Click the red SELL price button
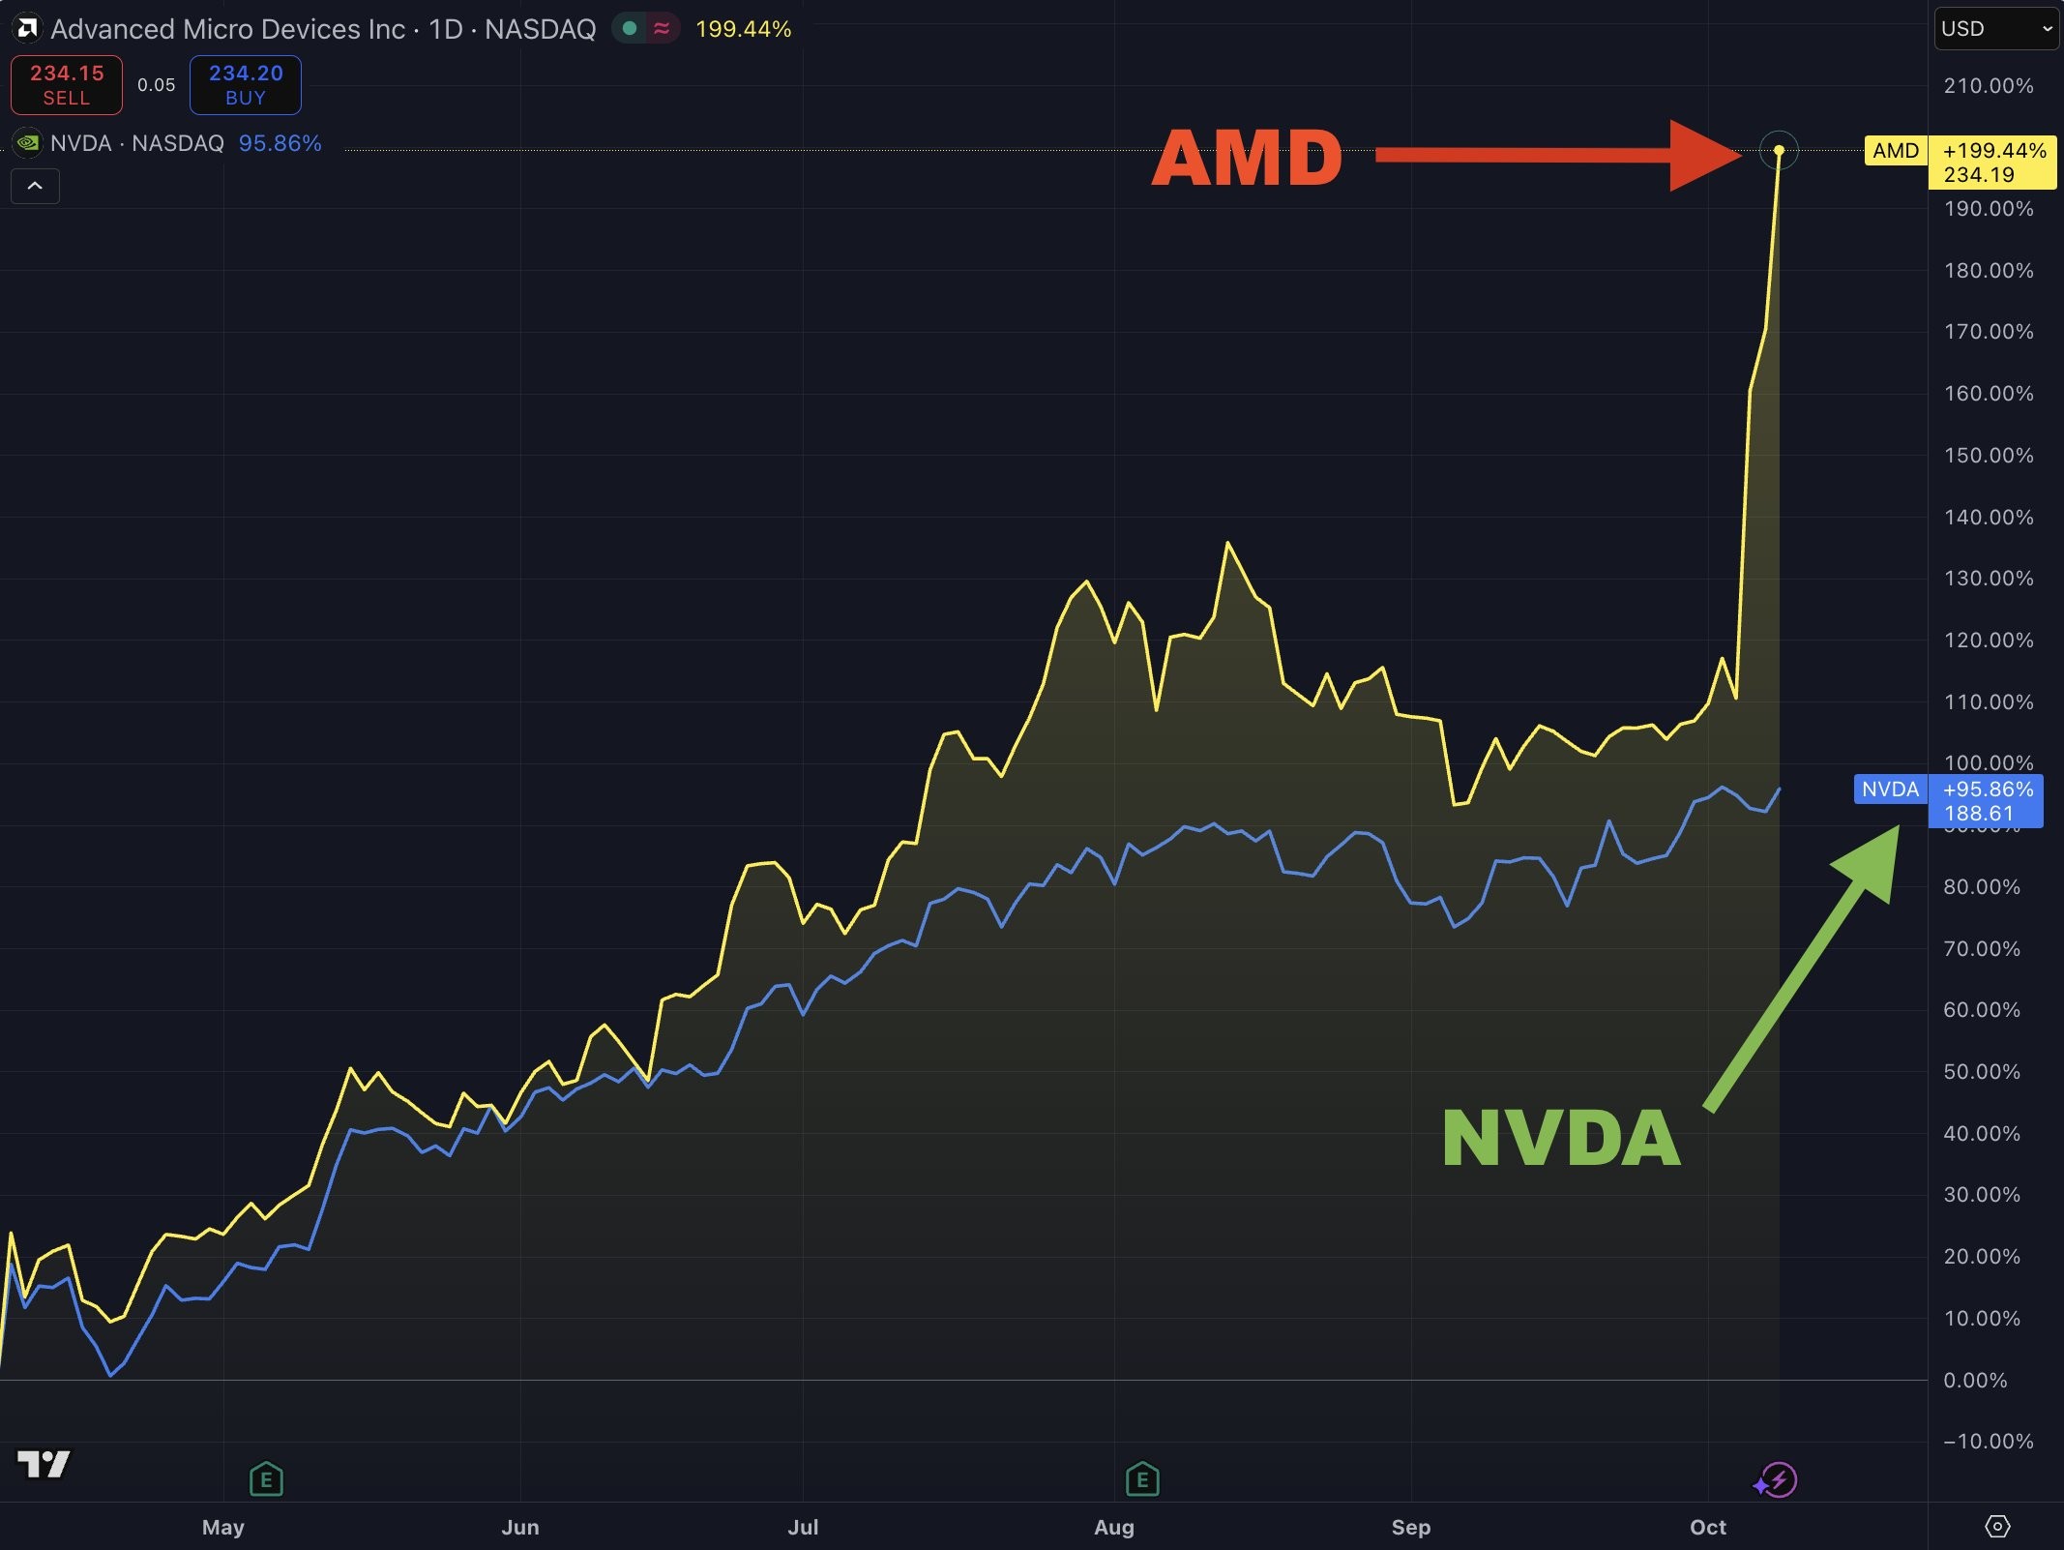pyautogui.click(x=67, y=85)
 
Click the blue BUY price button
pyautogui.click(x=246, y=85)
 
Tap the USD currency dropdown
pyautogui.click(x=1996, y=29)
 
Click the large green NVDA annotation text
pyautogui.click(x=1561, y=1138)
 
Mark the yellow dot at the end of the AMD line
pyautogui.click(x=1779, y=150)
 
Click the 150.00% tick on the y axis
pyautogui.click(x=1989, y=455)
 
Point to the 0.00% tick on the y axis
pyautogui.click(x=1975, y=1380)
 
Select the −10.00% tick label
pyautogui.click(x=1989, y=1442)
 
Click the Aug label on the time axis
pyautogui.click(x=1114, y=1527)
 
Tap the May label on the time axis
pyautogui.click(x=223, y=1527)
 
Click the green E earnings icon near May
pyautogui.click(x=266, y=1479)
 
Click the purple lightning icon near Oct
pyautogui.click(x=1778, y=1480)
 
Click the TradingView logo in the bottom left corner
pyautogui.click(x=44, y=1464)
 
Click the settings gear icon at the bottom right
pyautogui.click(x=1997, y=1527)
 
